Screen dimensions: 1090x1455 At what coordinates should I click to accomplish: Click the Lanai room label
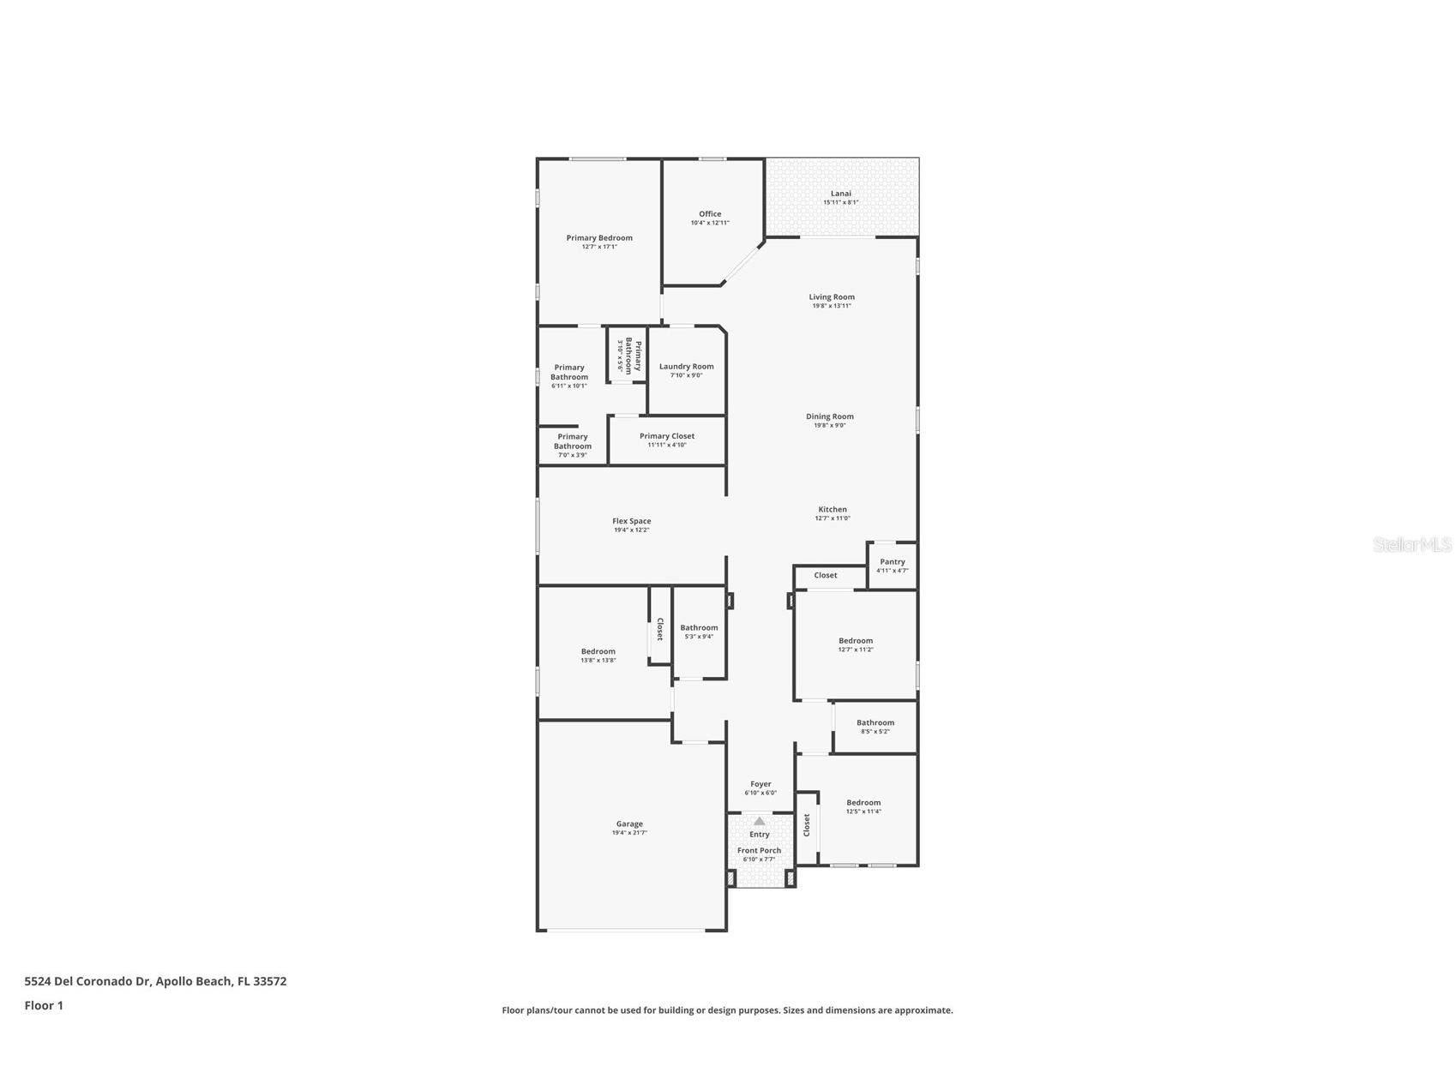pos(840,194)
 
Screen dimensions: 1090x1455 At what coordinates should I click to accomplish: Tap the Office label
pos(710,214)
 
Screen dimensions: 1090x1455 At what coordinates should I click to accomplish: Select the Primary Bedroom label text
pos(599,238)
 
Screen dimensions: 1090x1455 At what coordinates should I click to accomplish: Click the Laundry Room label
pos(686,367)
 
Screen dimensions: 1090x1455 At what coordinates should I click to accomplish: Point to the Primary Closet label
pos(667,436)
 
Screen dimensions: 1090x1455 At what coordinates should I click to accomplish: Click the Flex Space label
pos(631,521)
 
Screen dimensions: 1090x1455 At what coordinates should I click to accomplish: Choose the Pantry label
pos(892,562)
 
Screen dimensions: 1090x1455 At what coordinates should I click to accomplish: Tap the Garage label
pos(629,824)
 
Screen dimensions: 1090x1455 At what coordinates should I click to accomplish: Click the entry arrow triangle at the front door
pos(759,821)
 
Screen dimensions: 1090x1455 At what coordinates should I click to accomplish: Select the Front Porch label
pos(759,851)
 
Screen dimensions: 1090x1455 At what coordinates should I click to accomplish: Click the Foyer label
pos(761,784)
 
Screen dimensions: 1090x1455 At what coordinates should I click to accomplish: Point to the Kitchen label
pos(832,510)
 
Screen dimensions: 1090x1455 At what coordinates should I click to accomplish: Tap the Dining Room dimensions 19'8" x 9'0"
pos(829,426)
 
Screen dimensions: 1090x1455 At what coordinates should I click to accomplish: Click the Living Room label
pos(832,297)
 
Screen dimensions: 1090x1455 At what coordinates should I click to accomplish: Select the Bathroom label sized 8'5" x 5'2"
pos(875,723)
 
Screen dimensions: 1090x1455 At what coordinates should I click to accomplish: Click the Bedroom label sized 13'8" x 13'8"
pos(598,651)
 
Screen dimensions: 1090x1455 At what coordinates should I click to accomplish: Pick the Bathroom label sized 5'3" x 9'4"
pos(699,628)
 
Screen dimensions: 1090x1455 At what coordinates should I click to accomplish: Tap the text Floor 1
pos(44,1006)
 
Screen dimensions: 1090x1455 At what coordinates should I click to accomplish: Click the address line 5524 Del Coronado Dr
pos(155,981)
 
